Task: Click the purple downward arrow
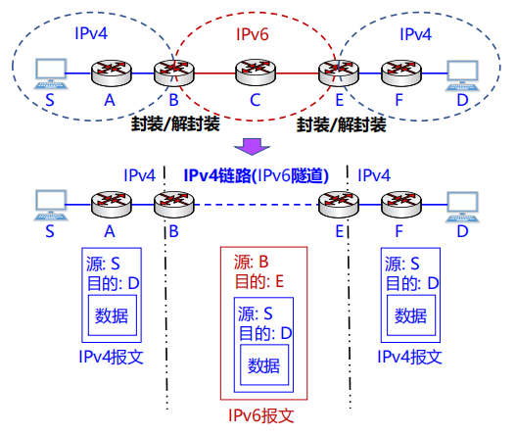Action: pos(252,146)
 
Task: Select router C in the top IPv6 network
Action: pos(256,72)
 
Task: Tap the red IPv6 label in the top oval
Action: pos(253,34)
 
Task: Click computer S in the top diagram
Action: pos(51,73)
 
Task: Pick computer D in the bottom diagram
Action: pos(462,207)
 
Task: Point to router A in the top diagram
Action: pos(112,72)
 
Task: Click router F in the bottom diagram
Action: pos(401,204)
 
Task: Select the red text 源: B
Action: pos(251,263)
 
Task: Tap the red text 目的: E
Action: pos(259,282)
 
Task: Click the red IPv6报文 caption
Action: pos(261,415)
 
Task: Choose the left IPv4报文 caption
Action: pos(112,357)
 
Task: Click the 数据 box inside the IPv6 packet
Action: pos(264,364)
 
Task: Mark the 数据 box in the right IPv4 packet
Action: pos(411,315)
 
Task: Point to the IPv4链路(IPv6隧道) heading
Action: pos(256,175)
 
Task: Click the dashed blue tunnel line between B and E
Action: pos(256,205)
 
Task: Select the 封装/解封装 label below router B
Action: pos(175,124)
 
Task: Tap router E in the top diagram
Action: pos(339,73)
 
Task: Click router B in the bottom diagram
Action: pos(174,204)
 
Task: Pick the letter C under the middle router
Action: pos(256,100)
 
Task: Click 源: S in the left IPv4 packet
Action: pos(103,264)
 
